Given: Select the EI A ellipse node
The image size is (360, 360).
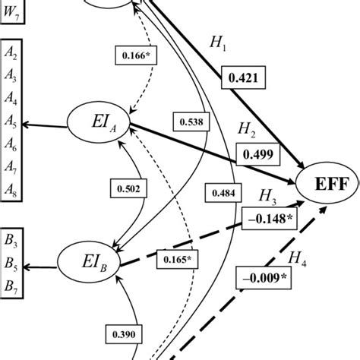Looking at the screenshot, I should pos(100,123).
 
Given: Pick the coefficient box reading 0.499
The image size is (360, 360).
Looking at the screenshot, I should pos(256,154).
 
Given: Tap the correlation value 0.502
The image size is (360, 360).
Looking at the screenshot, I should pos(128,189).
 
